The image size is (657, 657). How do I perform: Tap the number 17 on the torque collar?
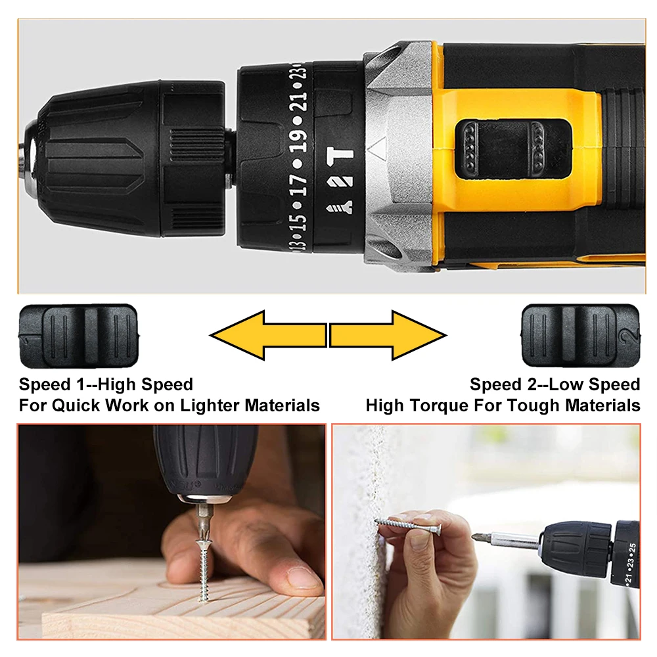298,185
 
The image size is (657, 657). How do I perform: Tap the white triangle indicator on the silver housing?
378,147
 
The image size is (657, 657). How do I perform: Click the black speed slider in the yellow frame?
513,148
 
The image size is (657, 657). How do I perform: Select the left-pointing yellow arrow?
268,335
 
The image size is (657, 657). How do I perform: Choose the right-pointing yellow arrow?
388,335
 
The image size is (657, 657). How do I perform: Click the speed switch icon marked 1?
79,336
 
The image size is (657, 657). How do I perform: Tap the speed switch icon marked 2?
581,336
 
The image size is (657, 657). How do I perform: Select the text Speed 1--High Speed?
106,384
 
